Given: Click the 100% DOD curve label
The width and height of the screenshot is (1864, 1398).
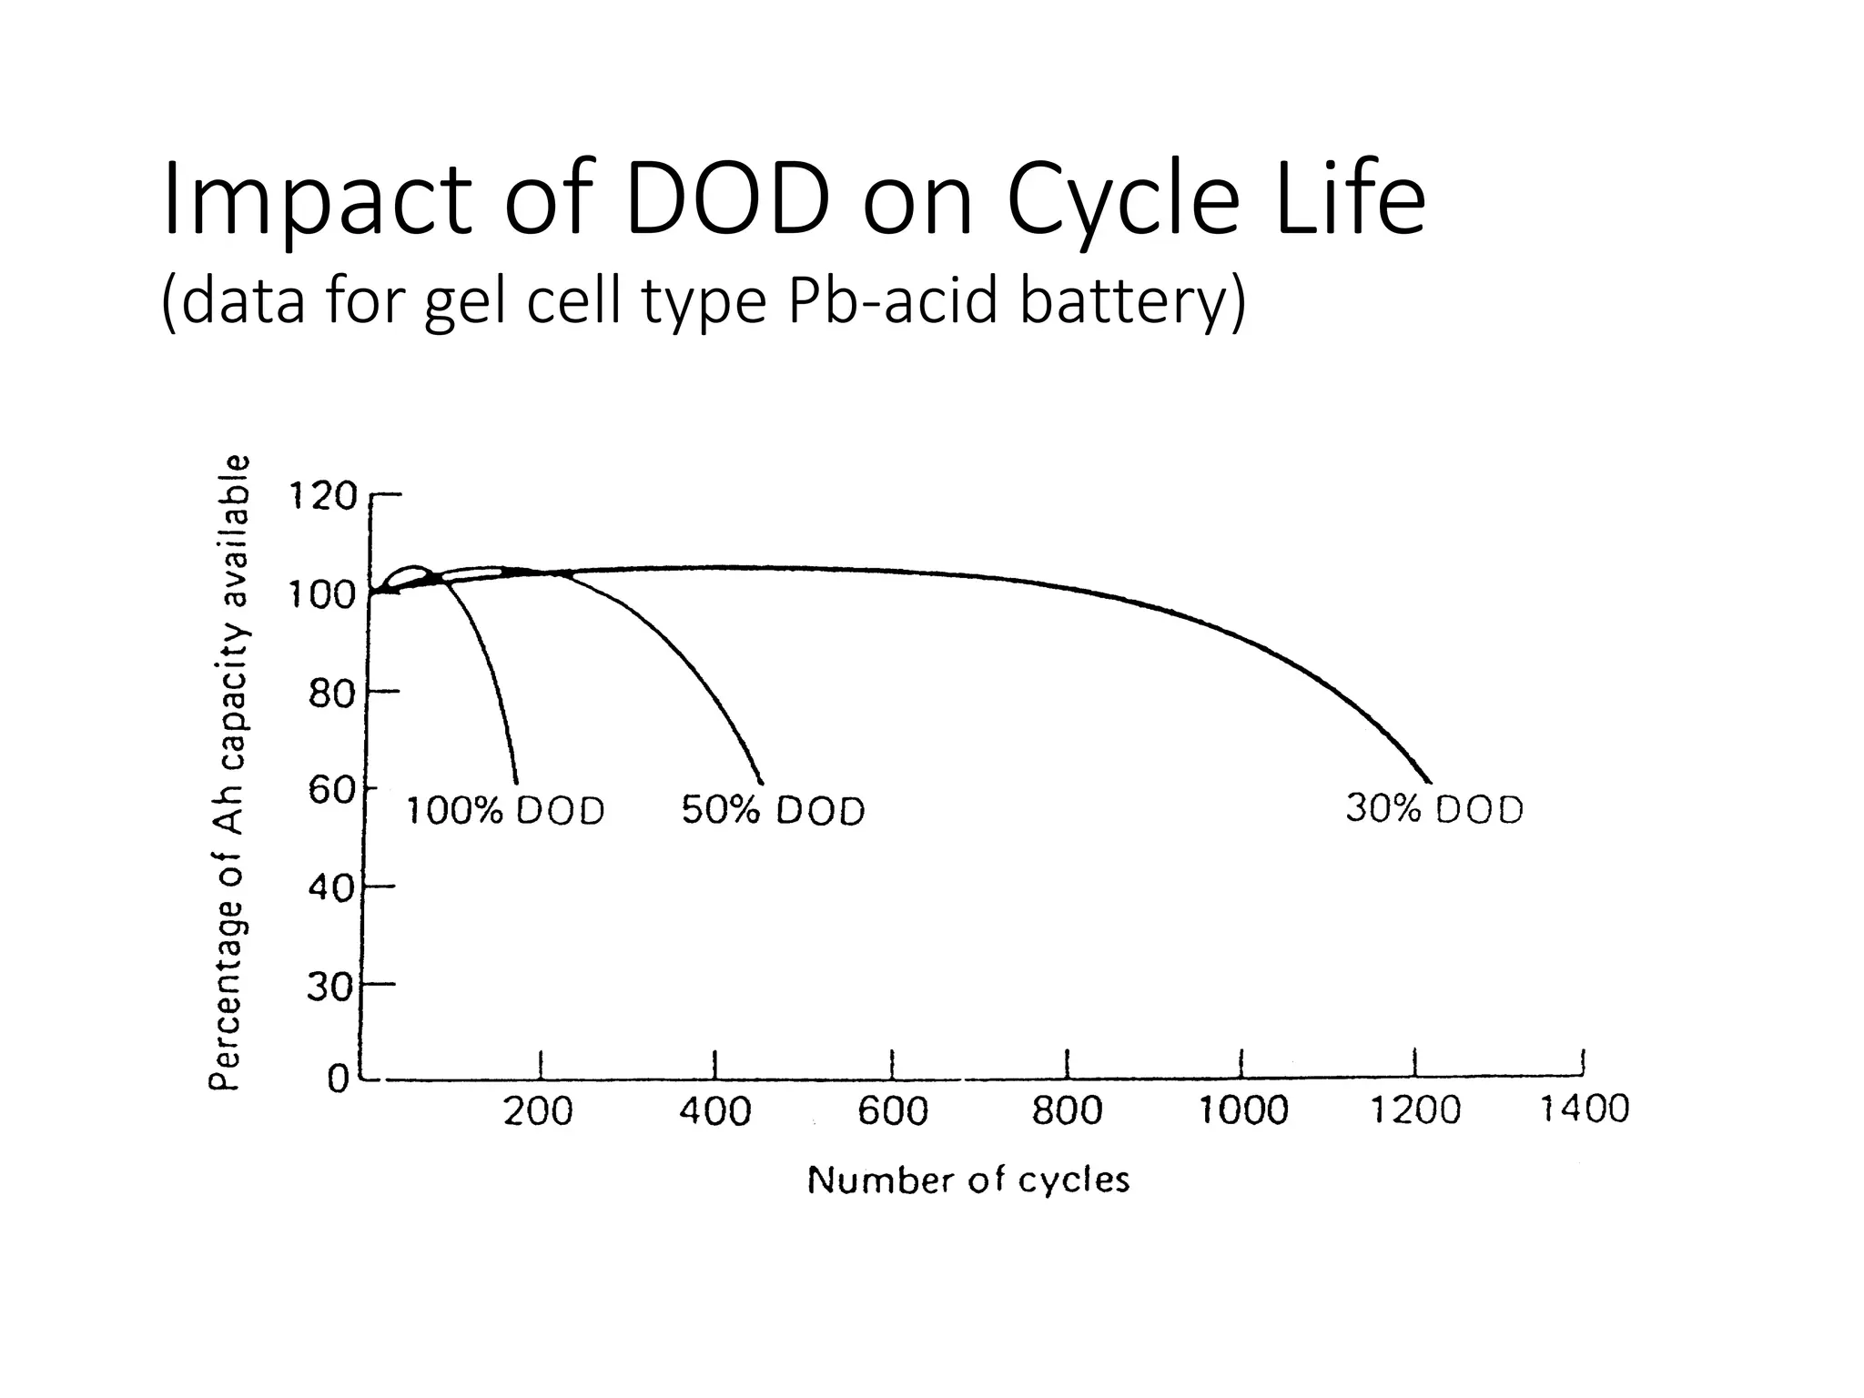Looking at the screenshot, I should pos(505,810).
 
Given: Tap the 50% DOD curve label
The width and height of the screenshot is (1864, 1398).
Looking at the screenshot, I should pos(773,810).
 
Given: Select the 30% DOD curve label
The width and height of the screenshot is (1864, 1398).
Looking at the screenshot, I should pos(1434,808).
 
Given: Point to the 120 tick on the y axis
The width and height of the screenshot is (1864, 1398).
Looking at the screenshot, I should pos(323,497).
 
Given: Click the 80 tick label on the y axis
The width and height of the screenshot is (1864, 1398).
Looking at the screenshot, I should pos(329,695).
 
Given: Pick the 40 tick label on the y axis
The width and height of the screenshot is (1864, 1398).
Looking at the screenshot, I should pos(329,887).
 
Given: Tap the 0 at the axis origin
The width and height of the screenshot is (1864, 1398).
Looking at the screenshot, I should pos(338,1080).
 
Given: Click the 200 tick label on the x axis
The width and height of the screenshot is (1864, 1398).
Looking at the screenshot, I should pos(539,1111).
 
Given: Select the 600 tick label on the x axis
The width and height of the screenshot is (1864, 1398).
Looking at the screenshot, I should pos(893,1111).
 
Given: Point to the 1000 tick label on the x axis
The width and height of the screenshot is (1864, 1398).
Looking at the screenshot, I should pos(1243,1111).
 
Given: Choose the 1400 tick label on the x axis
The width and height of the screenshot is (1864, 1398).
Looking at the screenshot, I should pos(1584,1109).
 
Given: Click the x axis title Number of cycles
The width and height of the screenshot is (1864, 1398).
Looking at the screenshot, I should pos(968,1180).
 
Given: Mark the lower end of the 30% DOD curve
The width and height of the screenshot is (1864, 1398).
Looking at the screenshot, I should pos(1430,781).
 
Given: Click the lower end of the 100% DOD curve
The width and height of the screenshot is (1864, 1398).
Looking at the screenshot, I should pos(516,782).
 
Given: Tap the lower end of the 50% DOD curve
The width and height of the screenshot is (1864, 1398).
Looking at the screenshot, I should pos(762,782).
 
